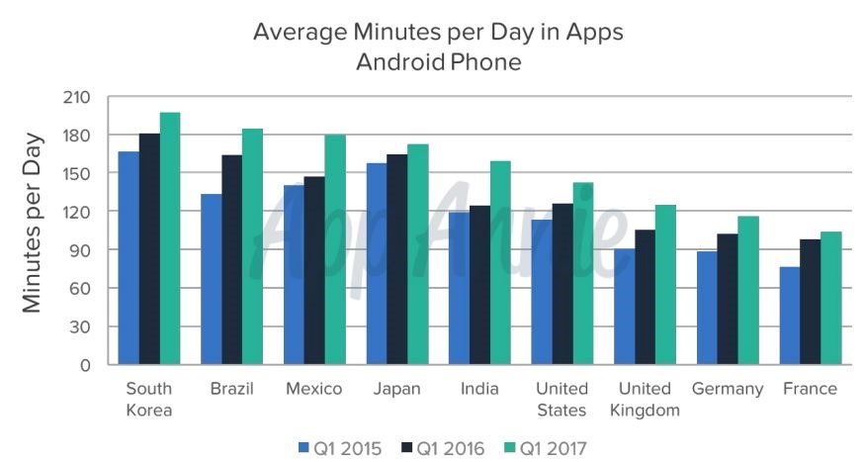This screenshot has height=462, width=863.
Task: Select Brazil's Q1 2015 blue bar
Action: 211,280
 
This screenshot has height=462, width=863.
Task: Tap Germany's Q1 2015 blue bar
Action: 706,309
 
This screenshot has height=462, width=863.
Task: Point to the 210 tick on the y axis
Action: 77,97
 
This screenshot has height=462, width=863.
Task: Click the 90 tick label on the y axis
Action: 80,250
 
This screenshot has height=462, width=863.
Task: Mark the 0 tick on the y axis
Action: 85,365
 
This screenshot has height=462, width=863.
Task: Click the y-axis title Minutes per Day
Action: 34,222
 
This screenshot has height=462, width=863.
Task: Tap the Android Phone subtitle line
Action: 438,62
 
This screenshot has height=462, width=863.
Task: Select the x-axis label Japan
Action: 396,389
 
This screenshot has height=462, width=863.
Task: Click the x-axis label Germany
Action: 727,389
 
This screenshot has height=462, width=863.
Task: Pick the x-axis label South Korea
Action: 149,400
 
